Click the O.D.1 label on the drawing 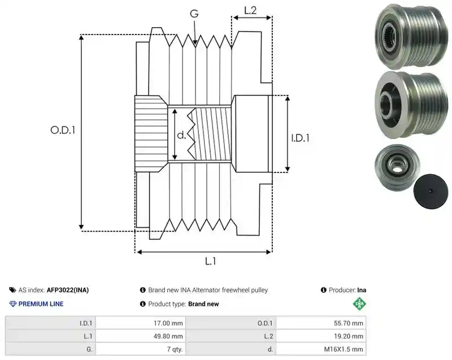63,131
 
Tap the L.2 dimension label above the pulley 250,10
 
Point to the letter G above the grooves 194,14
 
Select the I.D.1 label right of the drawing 300,138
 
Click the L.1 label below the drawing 210,261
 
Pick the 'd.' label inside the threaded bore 181,135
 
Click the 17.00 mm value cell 141,323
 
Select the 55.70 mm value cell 321,323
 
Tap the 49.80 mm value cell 141,336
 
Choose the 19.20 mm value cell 321,336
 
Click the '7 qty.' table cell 141,349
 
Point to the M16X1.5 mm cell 321,349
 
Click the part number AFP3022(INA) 68,290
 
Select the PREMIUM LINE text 41,304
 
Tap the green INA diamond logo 359,303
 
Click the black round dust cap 431,191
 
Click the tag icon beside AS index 12,290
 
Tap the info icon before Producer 323,290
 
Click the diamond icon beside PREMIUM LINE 13,304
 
